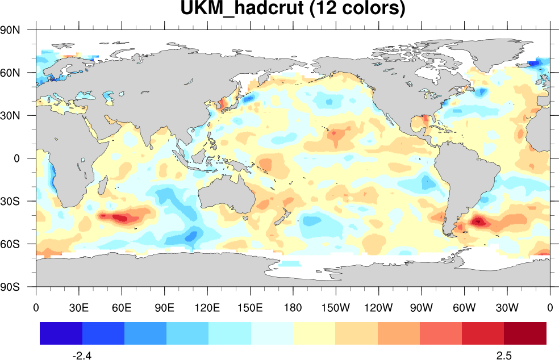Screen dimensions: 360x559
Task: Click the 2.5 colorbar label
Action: tap(504, 356)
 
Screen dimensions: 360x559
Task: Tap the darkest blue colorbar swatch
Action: tap(61, 333)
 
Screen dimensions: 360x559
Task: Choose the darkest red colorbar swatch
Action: tap(525, 333)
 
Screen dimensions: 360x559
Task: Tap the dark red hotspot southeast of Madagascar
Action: tap(120, 217)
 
